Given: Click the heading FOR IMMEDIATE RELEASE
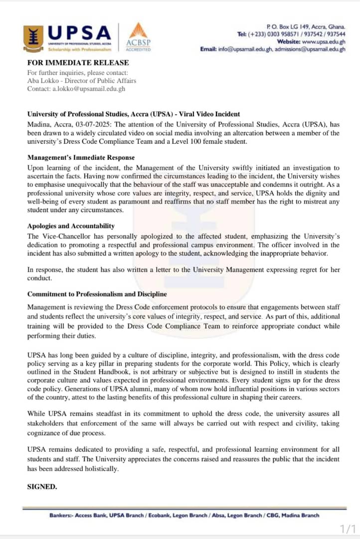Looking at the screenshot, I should click(78, 63).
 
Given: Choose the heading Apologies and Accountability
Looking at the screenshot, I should click(71, 226).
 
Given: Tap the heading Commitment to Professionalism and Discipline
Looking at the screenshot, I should click(97, 294).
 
